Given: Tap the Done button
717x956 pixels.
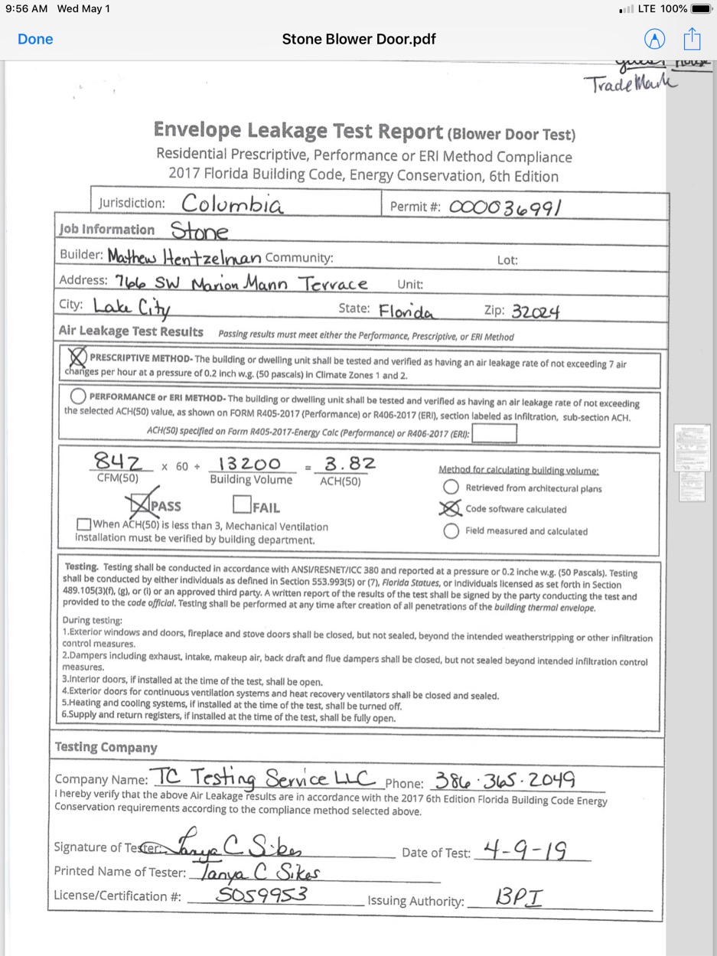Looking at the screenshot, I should click(35, 39).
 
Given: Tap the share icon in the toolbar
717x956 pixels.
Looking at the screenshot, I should click(692, 38).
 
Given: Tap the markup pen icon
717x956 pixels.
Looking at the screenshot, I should click(654, 39).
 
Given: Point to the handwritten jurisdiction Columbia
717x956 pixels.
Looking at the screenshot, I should click(232, 204).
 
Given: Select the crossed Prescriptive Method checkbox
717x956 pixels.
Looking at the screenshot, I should click(77, 357).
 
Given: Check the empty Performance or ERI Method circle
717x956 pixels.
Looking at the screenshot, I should click(77, 396).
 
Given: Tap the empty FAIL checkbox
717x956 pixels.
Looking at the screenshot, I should click(242, 505).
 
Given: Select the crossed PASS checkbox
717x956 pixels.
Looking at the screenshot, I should click(141, 504).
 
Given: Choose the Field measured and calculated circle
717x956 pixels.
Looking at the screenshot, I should click(451, 530).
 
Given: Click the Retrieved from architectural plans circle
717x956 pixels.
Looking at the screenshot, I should click(451, 488).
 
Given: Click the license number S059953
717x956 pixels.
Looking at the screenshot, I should click(262, 895).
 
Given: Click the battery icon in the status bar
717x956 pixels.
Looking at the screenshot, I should click(701, 8).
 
